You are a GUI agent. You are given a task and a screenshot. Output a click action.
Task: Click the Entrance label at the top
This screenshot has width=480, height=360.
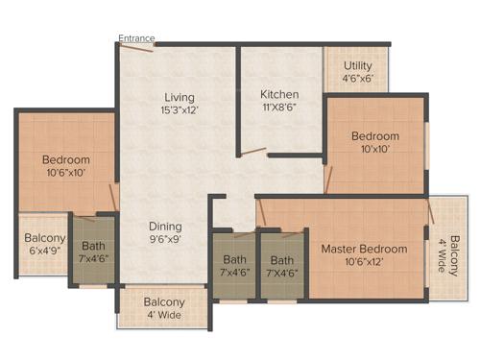(136, 38)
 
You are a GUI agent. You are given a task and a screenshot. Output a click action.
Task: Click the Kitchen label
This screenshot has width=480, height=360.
(279, 95)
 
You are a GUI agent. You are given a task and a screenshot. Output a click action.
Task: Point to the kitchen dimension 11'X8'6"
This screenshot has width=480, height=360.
(279, 109)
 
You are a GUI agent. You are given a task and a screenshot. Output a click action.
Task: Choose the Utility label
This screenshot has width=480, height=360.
(359, 65)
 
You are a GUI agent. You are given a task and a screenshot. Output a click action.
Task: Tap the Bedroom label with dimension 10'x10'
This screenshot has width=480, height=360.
(374, 136)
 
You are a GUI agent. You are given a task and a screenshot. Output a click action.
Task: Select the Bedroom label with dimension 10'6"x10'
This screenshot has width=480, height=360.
(65, 159)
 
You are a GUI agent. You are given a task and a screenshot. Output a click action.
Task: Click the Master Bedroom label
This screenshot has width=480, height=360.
(364, 249)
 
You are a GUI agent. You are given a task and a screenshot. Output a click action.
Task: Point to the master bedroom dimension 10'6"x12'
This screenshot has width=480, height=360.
(364, 263)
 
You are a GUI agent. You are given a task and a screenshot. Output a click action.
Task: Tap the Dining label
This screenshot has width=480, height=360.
(166, 227)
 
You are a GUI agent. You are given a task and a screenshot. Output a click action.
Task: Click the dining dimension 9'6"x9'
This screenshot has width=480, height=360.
(166, 241)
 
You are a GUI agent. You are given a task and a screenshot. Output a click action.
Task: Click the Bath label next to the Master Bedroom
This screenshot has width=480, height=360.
(282, 259)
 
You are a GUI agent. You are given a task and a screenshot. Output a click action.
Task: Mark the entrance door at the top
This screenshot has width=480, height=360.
(138, 49)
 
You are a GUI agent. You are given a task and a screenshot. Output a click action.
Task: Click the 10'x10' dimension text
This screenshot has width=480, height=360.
(374, 151)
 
